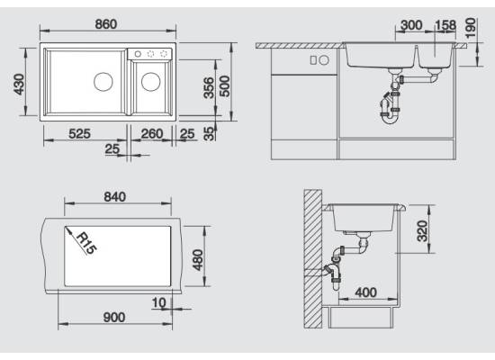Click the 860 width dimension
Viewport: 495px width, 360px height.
point(106,24)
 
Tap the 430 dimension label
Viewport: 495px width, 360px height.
point(19,85)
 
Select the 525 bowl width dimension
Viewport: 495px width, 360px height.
point(79,133)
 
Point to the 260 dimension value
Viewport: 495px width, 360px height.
point(152,133)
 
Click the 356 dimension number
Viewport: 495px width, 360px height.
point(209,88)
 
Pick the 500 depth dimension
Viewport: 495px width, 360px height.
point(225,85)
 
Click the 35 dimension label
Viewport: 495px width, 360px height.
point(209,133)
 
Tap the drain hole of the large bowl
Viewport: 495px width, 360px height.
point(103,82)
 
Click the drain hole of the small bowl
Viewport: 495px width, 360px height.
point(151,82)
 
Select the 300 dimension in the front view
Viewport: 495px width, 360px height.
point(411,25)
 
